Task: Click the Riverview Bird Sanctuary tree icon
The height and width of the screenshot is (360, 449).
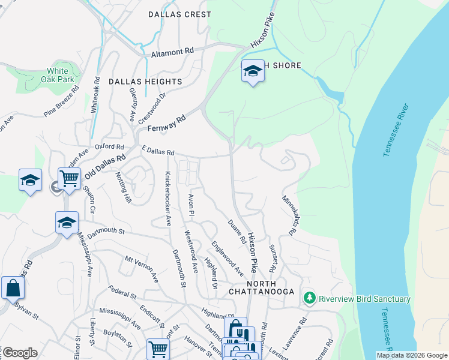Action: tap(310, 298)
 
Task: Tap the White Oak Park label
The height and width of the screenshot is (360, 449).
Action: tap(61, 75)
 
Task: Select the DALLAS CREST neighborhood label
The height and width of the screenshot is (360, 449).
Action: tap(179, 14)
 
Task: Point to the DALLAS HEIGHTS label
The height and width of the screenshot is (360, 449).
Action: tap(145, 81)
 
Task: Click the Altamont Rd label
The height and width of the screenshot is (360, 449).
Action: tap(172, 53)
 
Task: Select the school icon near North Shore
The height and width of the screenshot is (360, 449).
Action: tap(253, 72)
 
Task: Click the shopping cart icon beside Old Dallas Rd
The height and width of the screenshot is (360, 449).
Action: tap(70, 178)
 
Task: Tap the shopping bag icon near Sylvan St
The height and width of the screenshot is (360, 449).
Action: tap(13, 288)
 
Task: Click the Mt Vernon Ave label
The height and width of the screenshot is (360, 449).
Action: tap(142, 269)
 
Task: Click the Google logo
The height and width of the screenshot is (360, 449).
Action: tap(20, 353)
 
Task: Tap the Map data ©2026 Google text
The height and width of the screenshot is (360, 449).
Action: tap(411, 355)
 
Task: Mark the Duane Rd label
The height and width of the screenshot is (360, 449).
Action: tap(237, 232)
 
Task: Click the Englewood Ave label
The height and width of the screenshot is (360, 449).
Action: tap(227, 256)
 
